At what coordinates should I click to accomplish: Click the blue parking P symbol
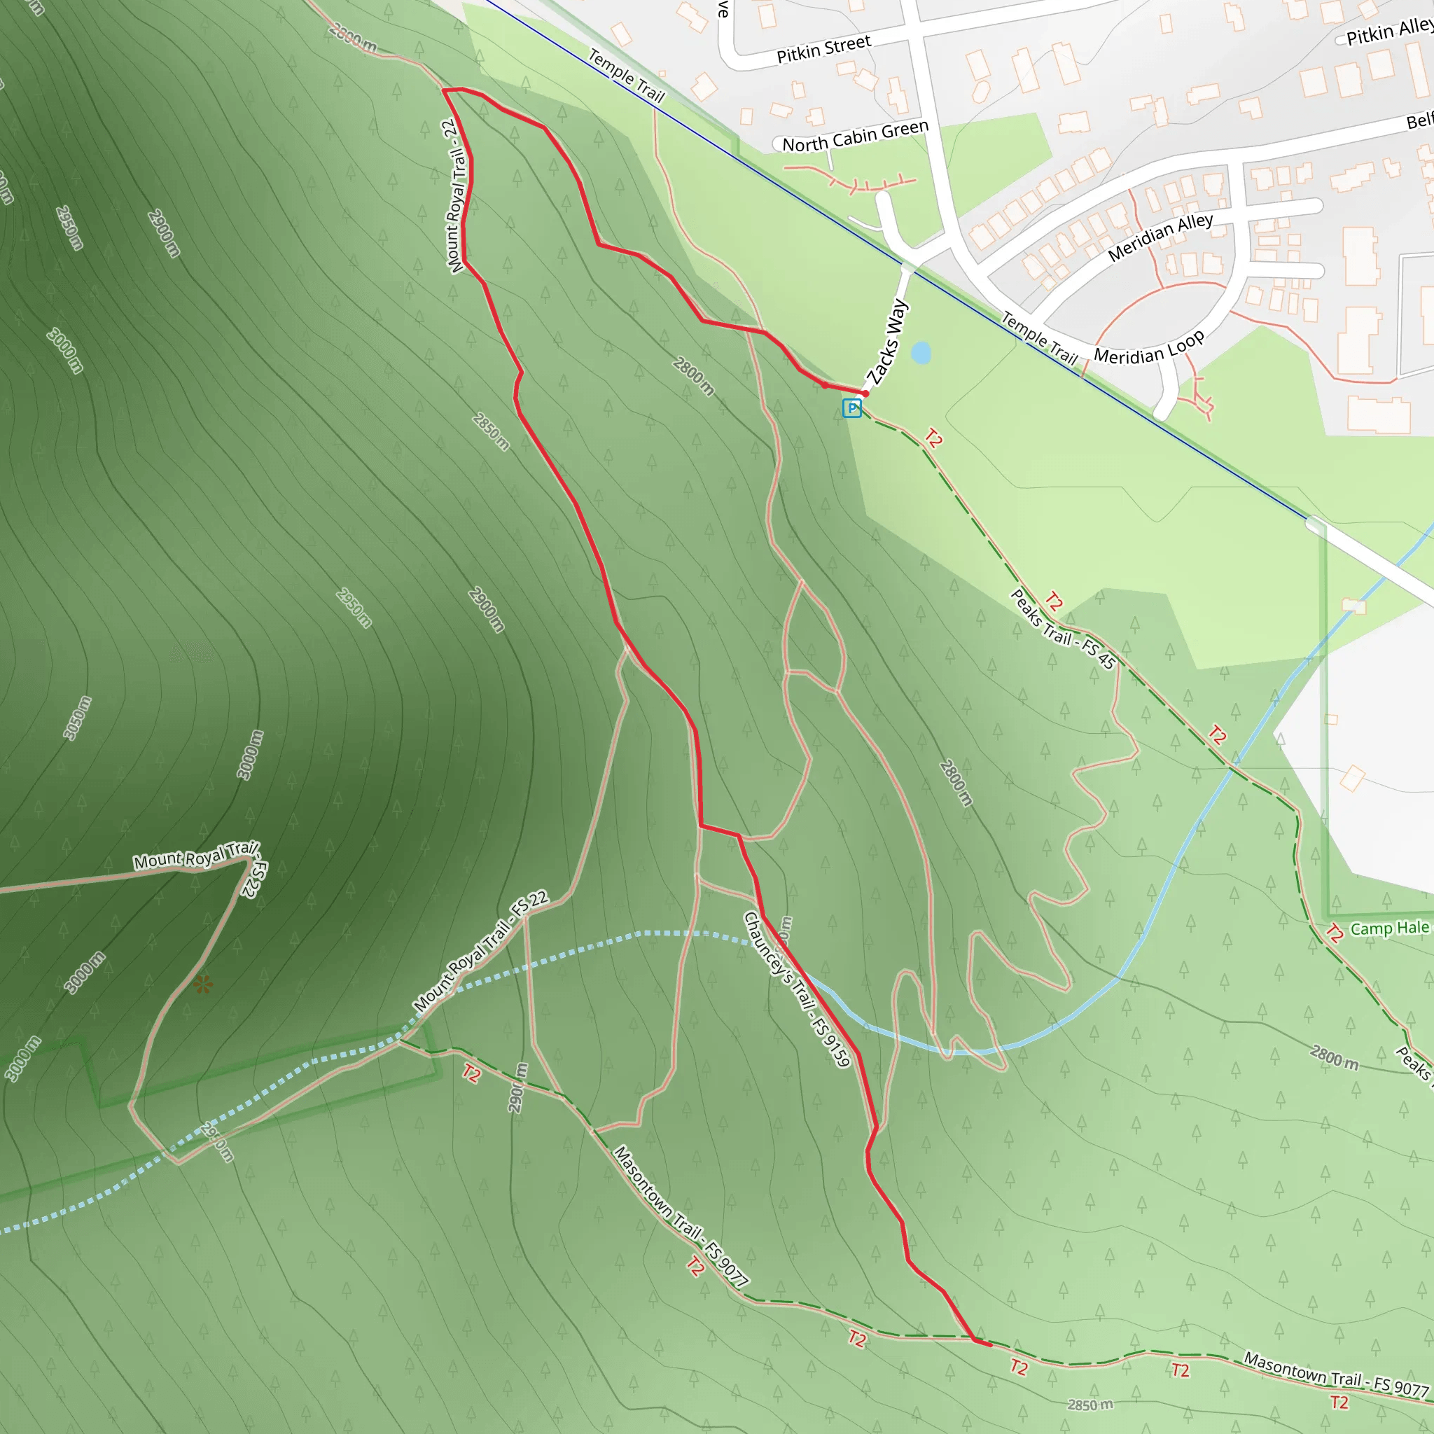pos(852,408)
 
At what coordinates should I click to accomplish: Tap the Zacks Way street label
pos(888,343)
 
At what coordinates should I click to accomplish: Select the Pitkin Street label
pos(823,49)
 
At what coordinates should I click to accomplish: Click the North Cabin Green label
pos(855,136)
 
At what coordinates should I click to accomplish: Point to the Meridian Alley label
pos(1160,237)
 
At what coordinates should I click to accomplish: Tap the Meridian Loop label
pos(1149,347)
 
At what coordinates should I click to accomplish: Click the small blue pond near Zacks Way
pos(920,353)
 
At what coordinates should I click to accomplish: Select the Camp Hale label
pos(1389,928)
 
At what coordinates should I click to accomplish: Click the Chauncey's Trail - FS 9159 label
pos(795,989)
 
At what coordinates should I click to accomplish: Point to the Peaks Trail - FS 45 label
pos(1063,629)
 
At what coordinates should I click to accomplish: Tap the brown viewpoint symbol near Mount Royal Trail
pos(202,986)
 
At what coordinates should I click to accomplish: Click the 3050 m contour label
pos(77,718)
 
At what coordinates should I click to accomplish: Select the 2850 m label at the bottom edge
pos(1090,1405)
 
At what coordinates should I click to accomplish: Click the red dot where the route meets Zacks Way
pos(865,394)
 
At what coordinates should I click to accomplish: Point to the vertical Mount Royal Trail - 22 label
pos(456,196)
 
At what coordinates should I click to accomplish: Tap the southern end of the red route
pos(989,1345)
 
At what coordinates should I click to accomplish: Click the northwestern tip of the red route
pos(444,90)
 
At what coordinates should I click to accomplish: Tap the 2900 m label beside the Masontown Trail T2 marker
pos(518,1087)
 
